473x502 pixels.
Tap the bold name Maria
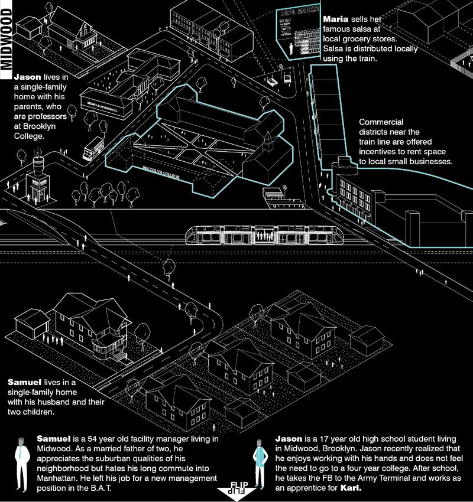click(335, 19)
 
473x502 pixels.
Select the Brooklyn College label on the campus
click(160, 172)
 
